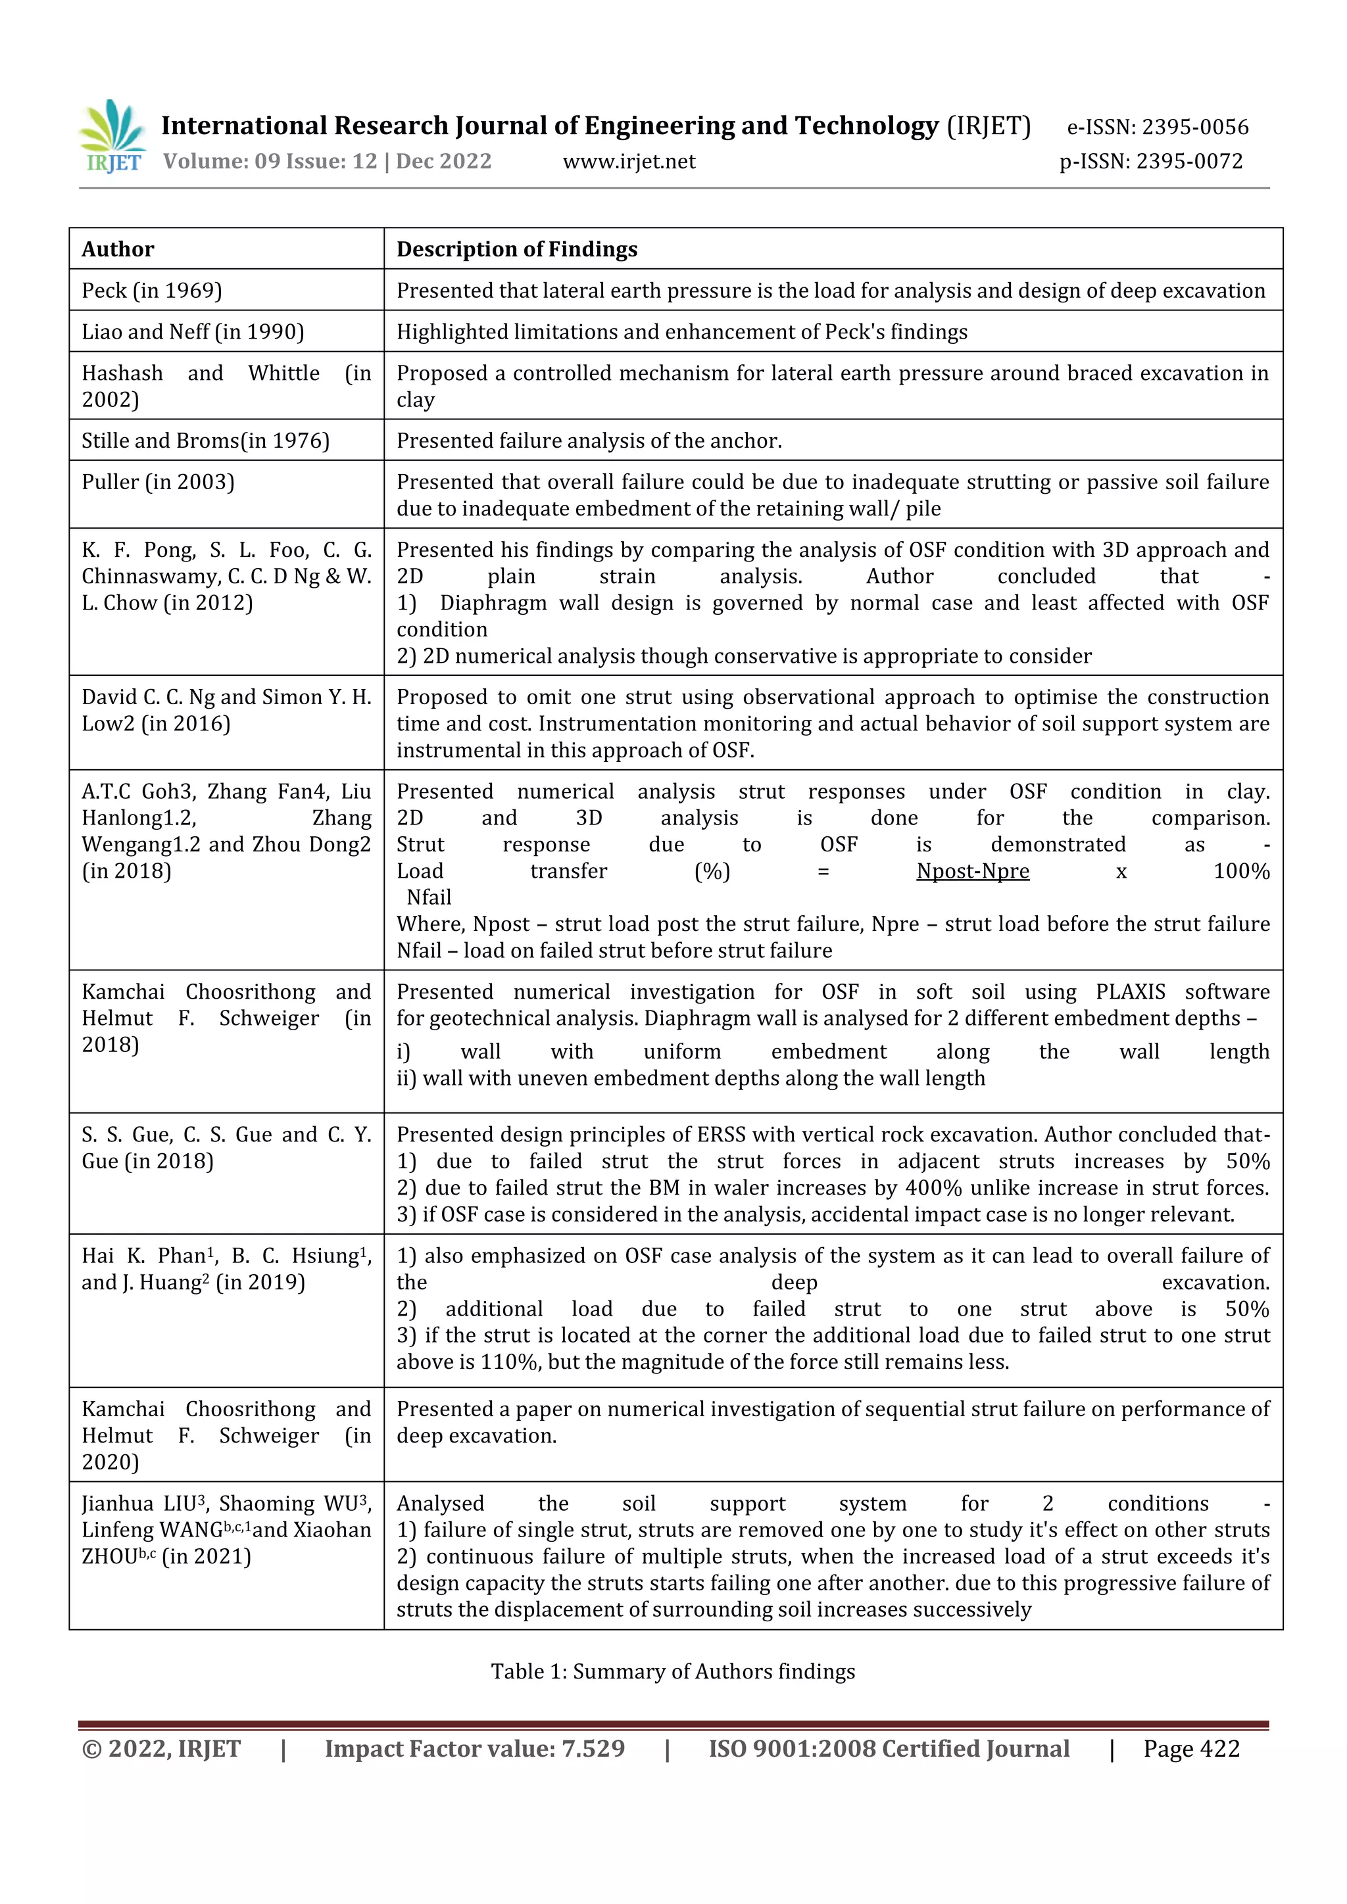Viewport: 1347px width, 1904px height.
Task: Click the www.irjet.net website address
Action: click(629, 162)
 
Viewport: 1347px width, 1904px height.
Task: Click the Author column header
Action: click(118, 250)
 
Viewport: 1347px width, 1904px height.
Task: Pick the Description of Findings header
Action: click(517, 250)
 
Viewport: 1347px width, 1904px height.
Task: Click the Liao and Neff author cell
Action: click(193, 333)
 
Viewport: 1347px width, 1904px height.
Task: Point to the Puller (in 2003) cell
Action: click(158, 483)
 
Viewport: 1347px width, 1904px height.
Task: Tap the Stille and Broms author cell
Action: click(205, 441)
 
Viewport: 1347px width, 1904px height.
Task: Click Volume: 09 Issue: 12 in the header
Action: click(270, 162)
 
